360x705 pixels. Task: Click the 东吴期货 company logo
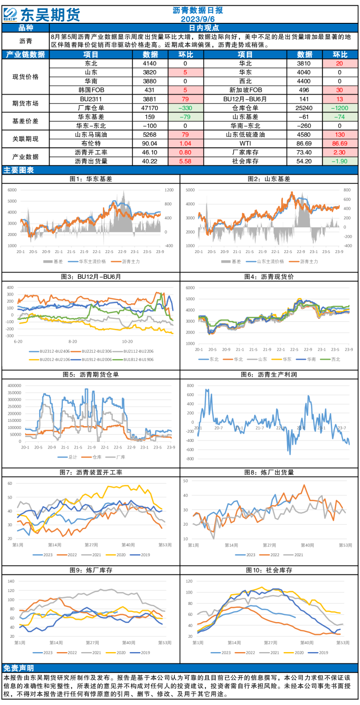point(42,14)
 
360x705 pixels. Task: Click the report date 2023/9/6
point(197,19)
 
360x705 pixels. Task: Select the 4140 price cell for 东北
point(150,63)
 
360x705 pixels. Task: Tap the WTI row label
point(245,143)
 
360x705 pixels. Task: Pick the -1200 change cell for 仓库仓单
point(339,108)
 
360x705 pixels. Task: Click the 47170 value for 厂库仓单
point(150,108)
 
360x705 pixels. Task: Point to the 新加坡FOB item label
point(246,90)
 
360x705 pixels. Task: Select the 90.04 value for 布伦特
point(150,143)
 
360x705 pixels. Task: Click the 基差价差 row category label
point(26,121)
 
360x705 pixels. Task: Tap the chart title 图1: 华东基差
point(91,179)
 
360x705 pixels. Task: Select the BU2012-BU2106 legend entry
point(50,359)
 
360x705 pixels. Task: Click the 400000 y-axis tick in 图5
point(14,386)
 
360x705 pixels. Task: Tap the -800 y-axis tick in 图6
point(190,459)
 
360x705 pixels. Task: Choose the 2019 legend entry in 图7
point(140,555)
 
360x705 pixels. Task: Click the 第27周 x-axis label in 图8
point(269,545)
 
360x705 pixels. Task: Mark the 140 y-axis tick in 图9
point(11,582)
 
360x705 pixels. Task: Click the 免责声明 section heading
point(19,668)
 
